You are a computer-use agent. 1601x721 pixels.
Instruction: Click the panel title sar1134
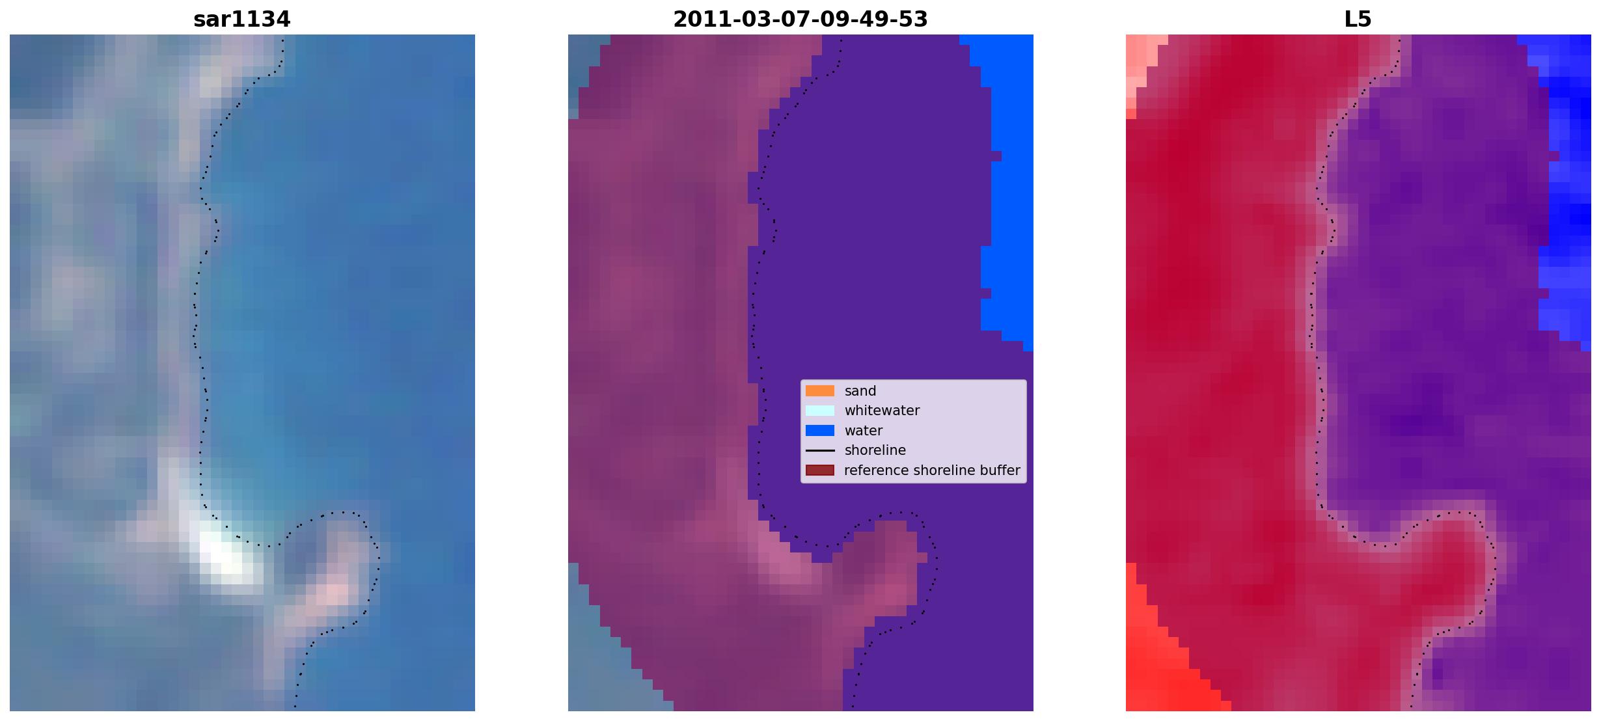pos(241,20)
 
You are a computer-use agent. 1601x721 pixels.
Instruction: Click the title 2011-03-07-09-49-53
pos(800,20)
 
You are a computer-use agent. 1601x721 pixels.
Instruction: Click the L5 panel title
pos(1358,20)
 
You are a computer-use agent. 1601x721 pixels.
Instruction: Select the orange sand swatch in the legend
pos(819,391)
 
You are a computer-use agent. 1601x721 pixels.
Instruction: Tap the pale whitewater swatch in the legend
pos(819,411)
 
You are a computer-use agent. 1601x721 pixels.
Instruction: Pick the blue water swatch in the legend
pos(819,431)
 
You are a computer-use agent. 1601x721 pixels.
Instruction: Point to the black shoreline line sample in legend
pos(819,450)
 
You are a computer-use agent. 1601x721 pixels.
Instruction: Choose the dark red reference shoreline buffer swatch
pos(819,470)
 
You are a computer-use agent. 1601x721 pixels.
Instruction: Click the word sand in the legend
pos(860,391)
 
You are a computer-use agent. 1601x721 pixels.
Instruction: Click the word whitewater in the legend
pos(882,411)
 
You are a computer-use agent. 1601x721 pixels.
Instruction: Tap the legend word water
pos(864,431)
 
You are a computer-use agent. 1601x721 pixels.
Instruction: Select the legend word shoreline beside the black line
pos(875,450)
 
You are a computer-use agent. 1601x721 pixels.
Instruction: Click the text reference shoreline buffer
pos(932,470)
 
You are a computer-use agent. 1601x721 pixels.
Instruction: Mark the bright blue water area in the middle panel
pos(1006,189)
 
